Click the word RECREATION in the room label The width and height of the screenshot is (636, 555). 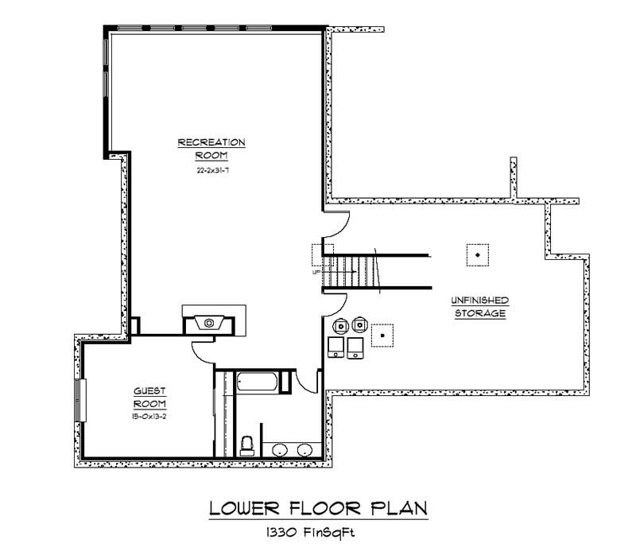(211, 142)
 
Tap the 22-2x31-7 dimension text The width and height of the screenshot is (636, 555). (211, 169)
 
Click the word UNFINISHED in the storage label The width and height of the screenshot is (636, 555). (479, 300)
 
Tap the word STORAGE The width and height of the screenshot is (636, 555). (479, 313)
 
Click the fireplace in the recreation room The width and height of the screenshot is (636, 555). (210, 322)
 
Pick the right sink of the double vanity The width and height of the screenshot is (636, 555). (304, 451)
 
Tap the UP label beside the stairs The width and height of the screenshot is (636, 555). (316, 272)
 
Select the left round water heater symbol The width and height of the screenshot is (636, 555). (341, 324)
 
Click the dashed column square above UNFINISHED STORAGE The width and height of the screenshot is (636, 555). (477, 254)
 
